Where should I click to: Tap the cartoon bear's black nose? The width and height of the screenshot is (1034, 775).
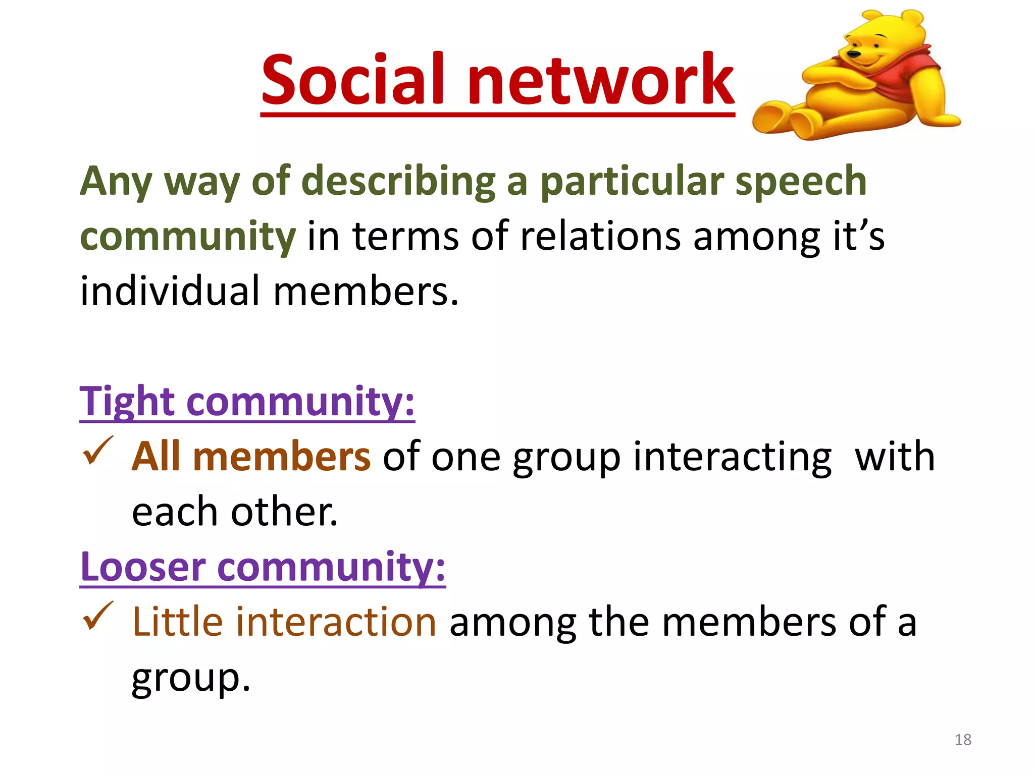click(x=854, y=53)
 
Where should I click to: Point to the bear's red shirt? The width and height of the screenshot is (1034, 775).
click(x=904, y=76)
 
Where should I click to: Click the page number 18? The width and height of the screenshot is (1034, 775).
click(x=963, y=740)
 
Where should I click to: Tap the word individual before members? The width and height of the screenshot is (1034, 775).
click(x=170, y=291)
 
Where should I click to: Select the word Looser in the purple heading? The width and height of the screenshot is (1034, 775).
click(x=143, y=567)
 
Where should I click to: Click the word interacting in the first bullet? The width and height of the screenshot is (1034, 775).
click(x=732, y=457)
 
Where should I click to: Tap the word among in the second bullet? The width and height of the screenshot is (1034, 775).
click(x=513, y=622)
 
